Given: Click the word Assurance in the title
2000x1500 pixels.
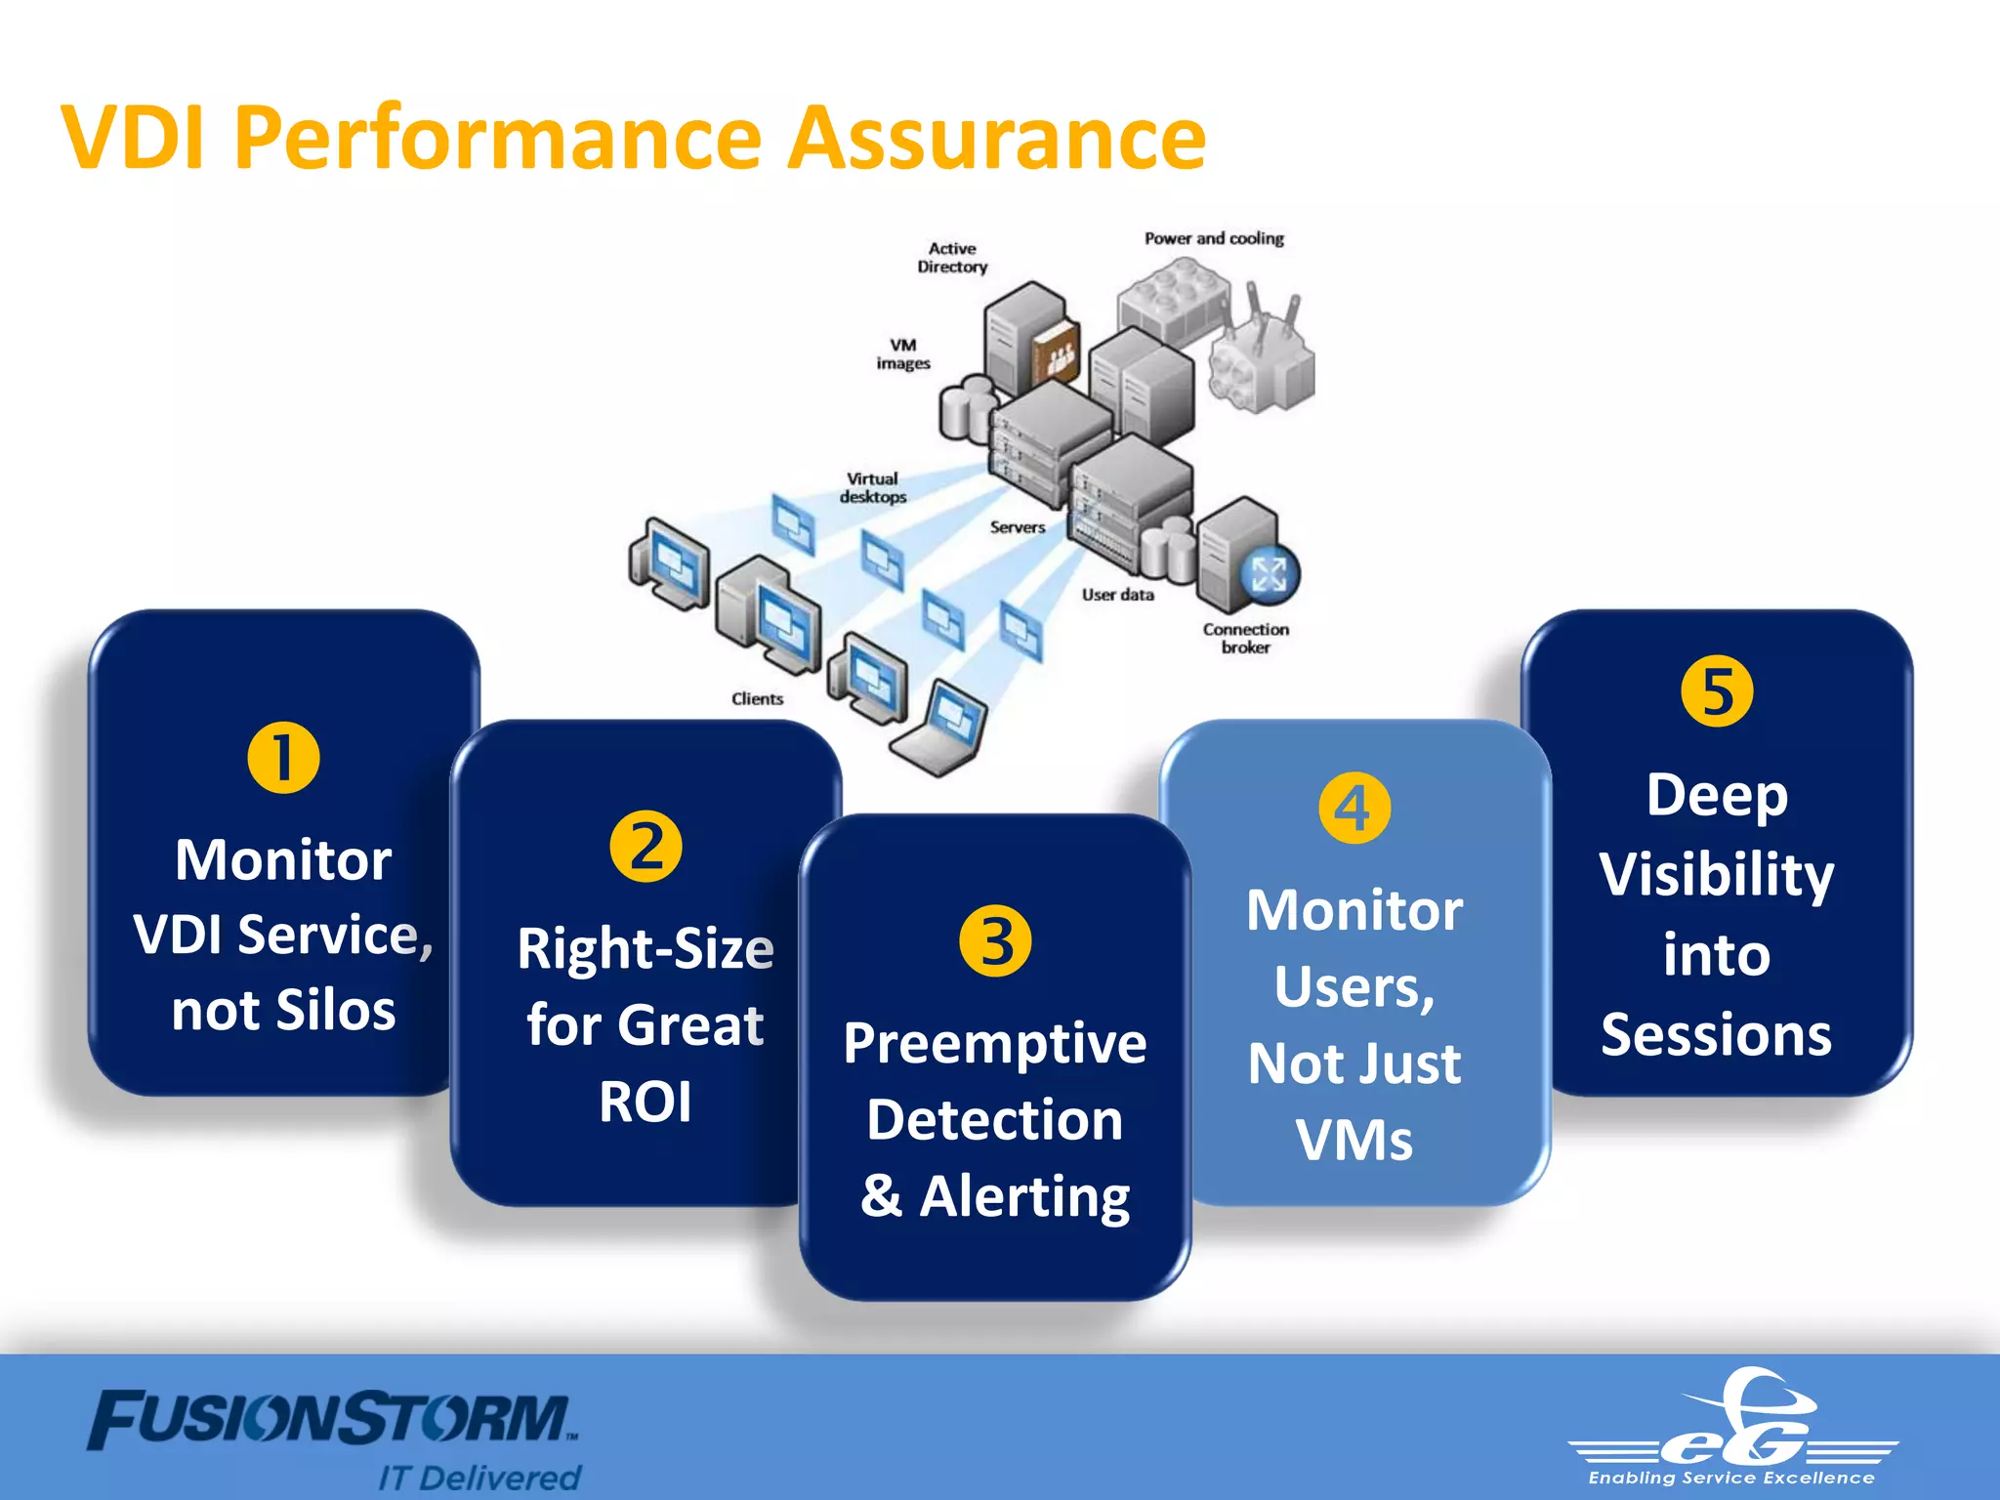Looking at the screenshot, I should [x=997, y=138].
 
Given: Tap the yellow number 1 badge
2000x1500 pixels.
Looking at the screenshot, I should [x=283, y=758].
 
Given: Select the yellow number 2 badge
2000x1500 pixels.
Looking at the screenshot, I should [x=646, y=847].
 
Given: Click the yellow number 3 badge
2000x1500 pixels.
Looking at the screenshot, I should [x=995, y=941].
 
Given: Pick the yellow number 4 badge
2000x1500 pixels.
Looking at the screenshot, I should [x=1354, y=808].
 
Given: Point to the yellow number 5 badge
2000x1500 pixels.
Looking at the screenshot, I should [x=1717, y=691].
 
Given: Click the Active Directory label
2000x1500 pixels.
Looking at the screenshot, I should [x=952, y=258].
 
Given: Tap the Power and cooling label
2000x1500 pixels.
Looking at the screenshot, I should [x=1214, y=238].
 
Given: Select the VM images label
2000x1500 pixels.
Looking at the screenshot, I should [x=903, y=354].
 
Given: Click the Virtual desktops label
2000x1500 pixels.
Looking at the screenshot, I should [x=873, y=487].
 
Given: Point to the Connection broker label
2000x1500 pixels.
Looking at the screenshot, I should [x=1246, y=638].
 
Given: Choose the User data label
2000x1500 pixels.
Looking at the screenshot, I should [x=1117, y=595].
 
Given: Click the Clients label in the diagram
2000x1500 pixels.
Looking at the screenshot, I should [x=757, y=699].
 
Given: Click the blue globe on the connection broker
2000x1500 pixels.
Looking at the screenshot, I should [x=1270, y=574].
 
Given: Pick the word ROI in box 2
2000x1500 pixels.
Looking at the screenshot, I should [x=646, y=1102].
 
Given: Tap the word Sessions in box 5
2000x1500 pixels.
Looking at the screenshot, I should [x=1716, y=1034].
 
